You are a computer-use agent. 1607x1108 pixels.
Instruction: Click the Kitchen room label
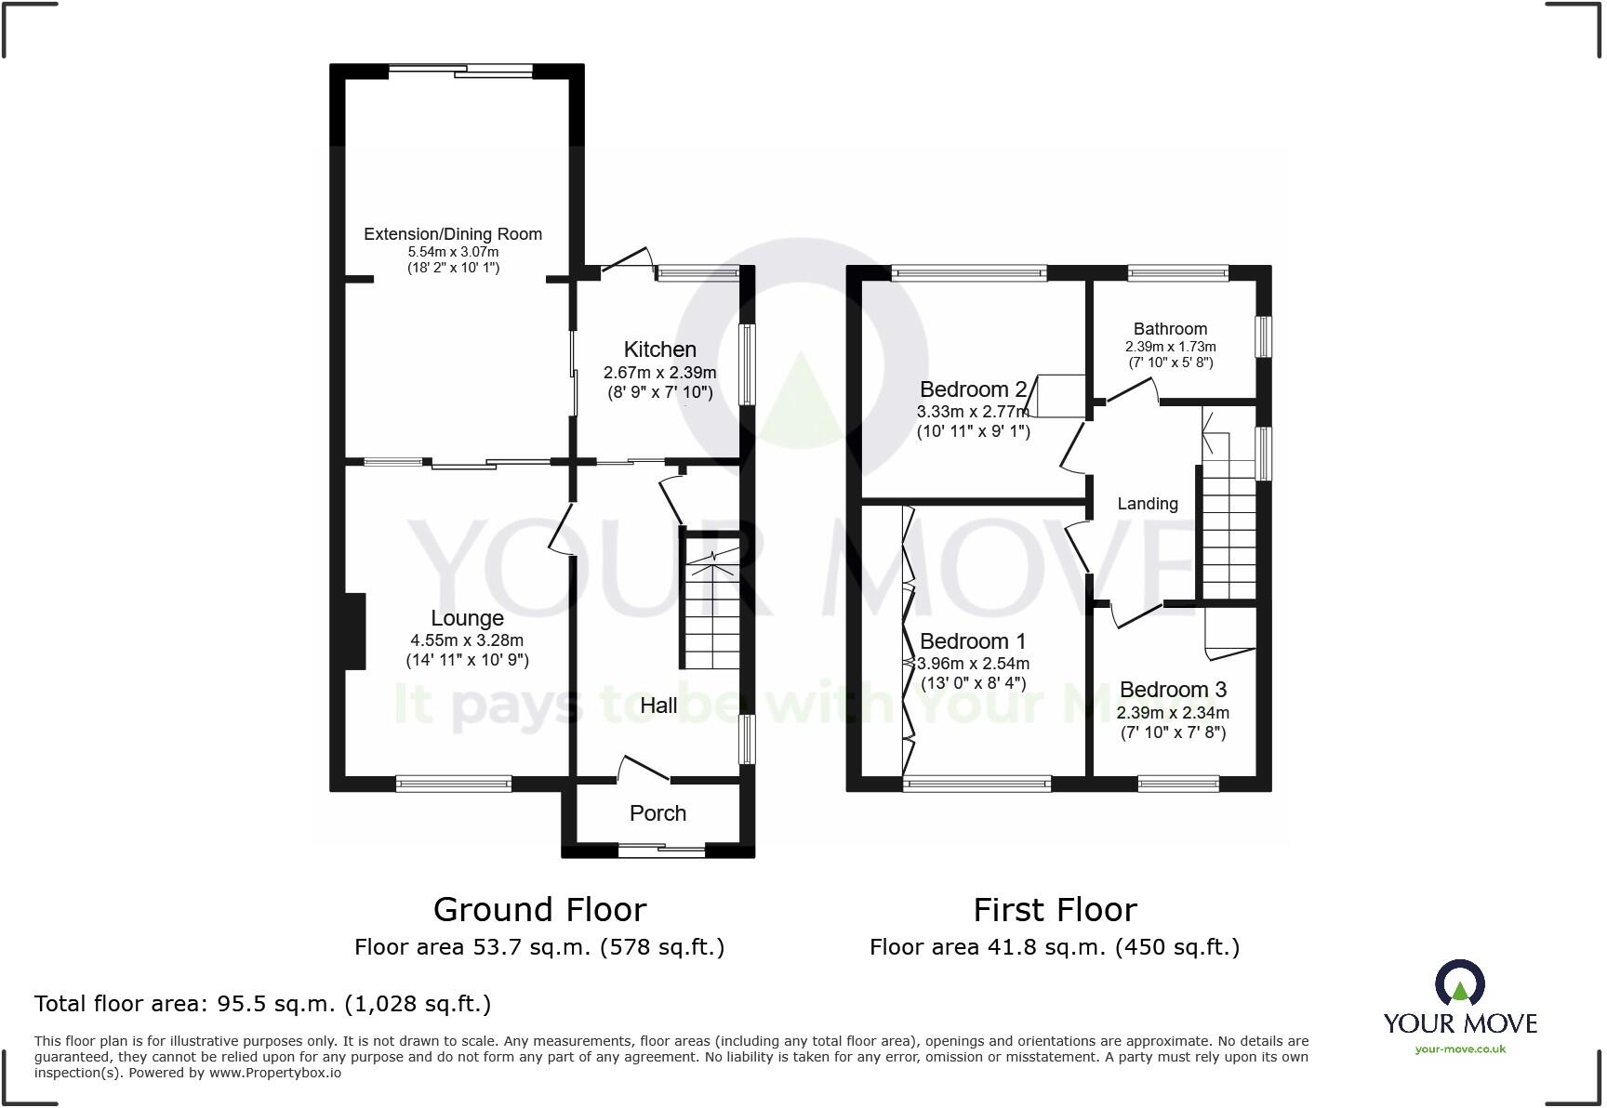coord(659,350)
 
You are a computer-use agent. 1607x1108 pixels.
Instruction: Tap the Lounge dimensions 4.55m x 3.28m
coord(467,640)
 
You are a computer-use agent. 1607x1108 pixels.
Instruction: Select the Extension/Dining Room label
coord(453,234)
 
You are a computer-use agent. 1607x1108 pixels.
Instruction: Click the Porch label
coord(657,813)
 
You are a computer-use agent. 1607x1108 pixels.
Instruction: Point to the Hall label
coord(658,706)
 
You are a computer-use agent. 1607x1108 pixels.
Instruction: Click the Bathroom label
coord(1170,329)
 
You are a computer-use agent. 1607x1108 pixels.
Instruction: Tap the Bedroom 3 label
coord(1173,690)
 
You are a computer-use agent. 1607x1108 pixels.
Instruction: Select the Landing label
coord(1147,504)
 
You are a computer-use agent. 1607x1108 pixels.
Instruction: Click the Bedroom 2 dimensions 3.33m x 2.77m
coord(973,412)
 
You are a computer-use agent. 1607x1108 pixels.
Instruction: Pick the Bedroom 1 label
coord(972,641)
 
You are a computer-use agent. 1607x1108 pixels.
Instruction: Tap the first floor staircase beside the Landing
coord(1229,530)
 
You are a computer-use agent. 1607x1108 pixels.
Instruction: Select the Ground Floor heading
coord(539,909)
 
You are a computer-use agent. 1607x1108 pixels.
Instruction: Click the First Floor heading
coord(1055,909)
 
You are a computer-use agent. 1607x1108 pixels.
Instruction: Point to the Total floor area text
coord(262,1004)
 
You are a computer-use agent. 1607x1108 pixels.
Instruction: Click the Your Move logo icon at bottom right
coord(1459,983)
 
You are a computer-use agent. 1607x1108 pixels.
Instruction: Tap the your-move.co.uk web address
coord(1460,1049)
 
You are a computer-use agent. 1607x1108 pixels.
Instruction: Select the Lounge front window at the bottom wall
coord(454,784)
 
